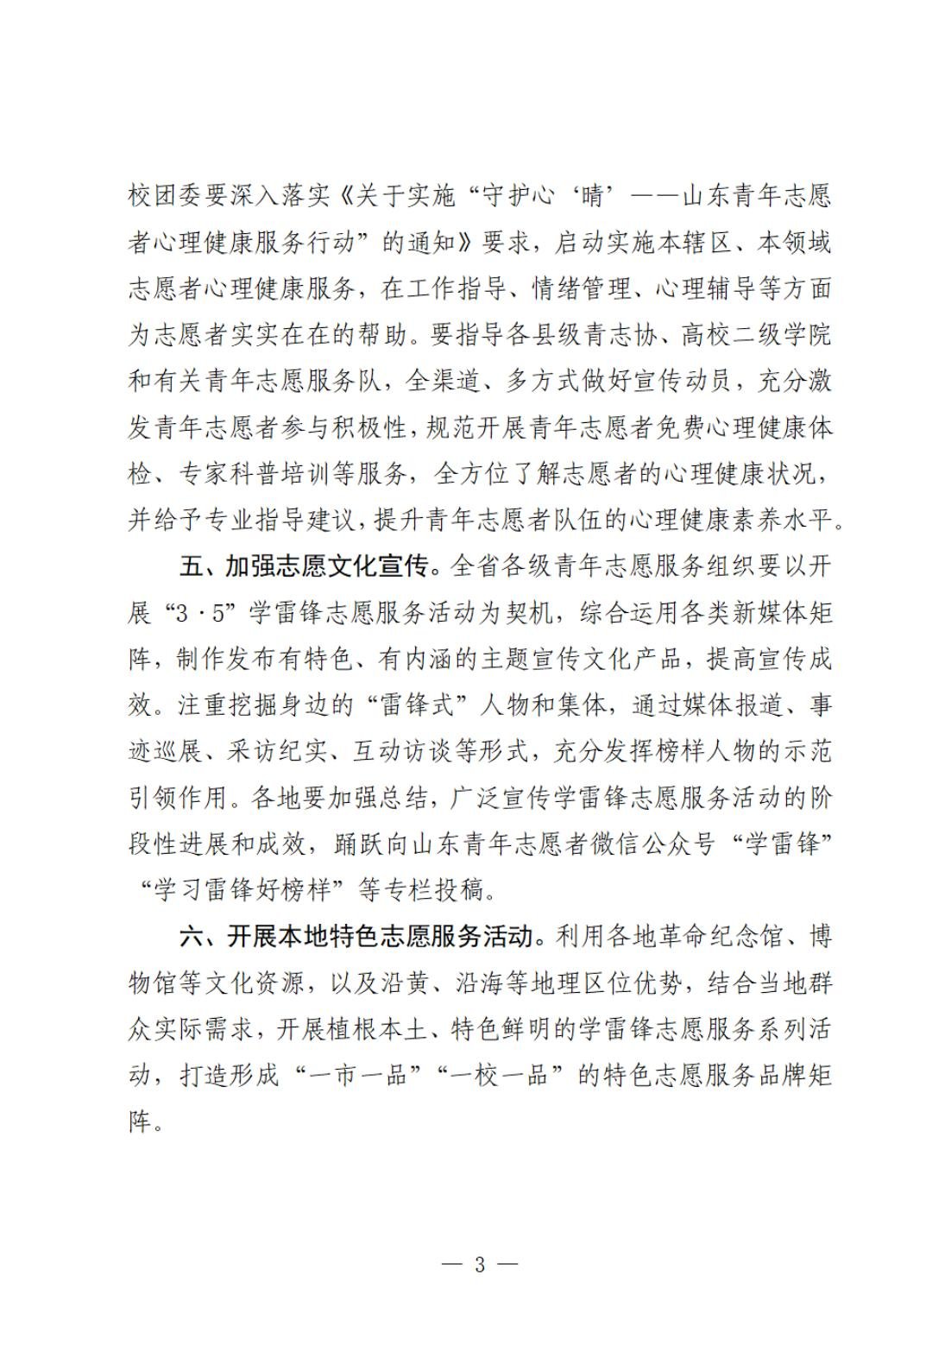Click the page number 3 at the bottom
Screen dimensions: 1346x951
pyautogui.click(x=480, y=1266)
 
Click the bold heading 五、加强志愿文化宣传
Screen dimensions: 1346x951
pyautogui.click(x=304, y=567)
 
